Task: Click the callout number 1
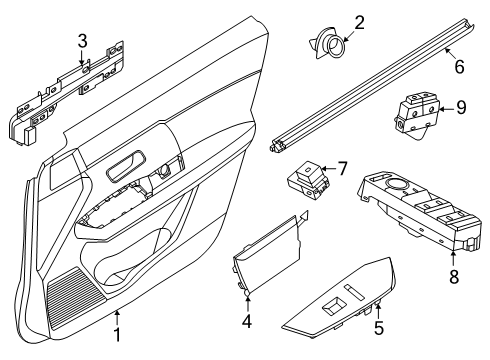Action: tap(119, 335)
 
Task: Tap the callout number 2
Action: tap(331, 20)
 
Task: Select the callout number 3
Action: tap(83, 40)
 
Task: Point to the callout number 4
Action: tap(247, 323)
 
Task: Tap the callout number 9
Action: tap(461, 107)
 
